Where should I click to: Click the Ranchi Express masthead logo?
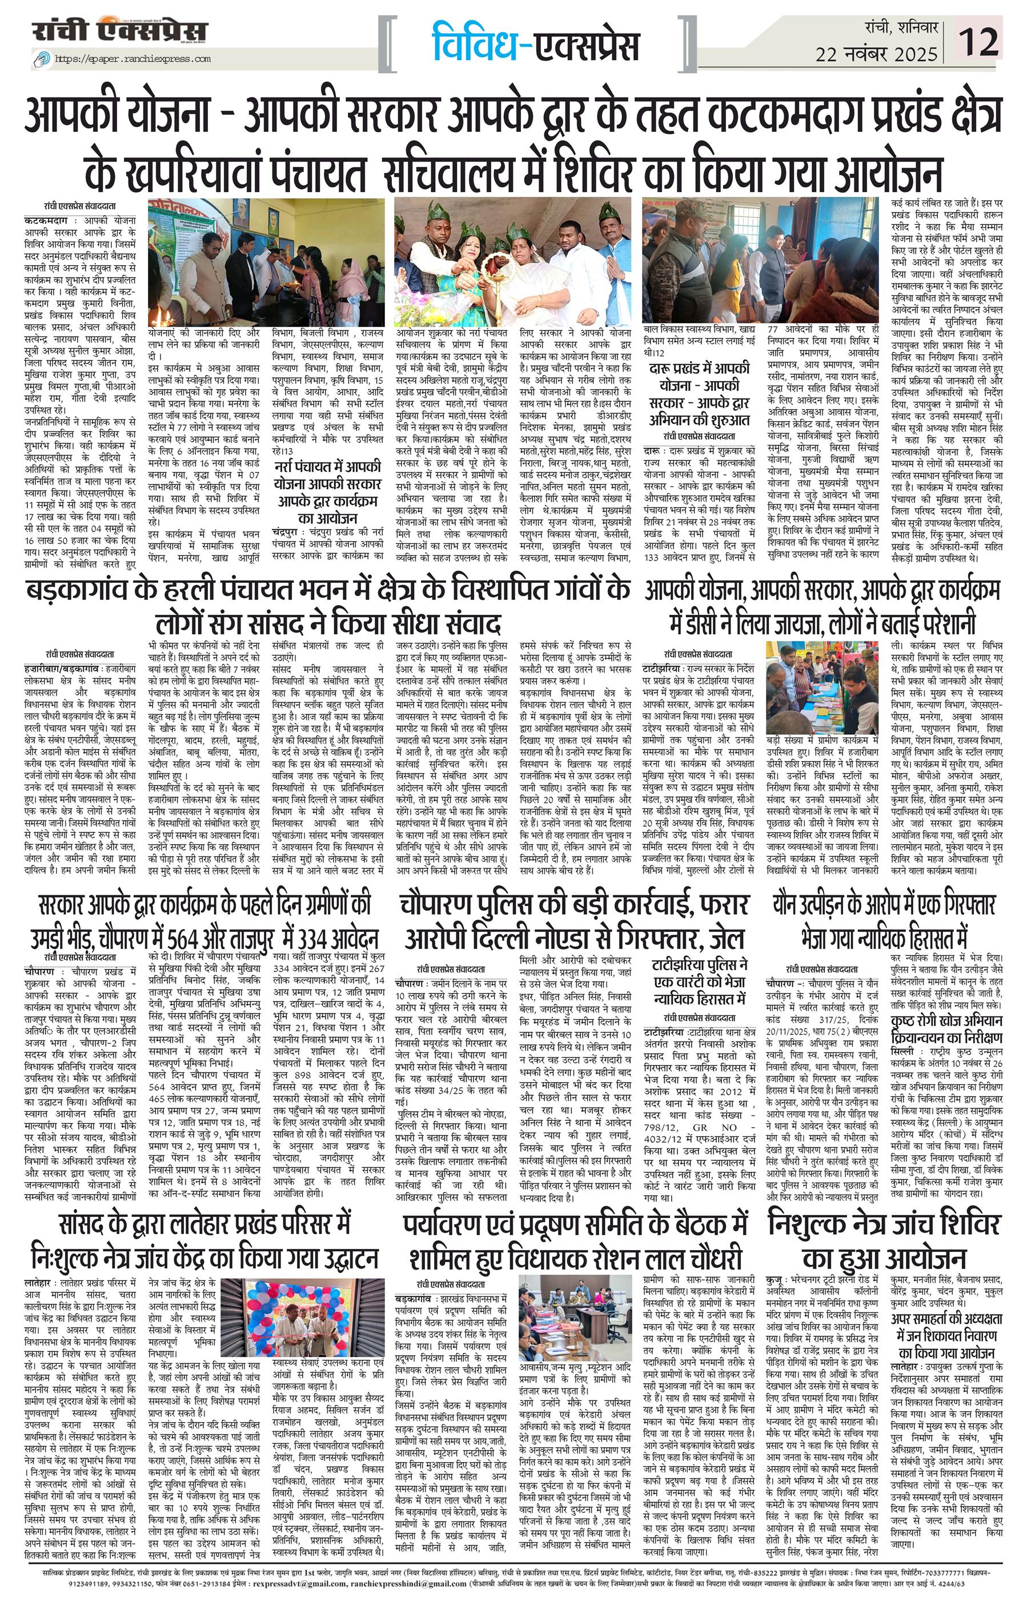[121, 32]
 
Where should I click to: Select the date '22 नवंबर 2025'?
[877, 53]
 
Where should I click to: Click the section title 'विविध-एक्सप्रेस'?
[535, 42]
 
